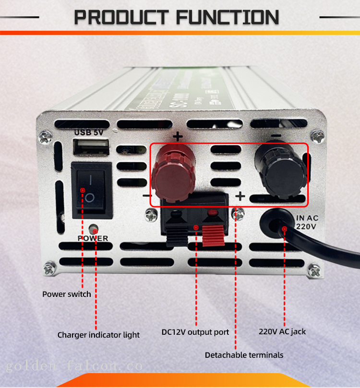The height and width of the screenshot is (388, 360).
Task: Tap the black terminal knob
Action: click(279, 169)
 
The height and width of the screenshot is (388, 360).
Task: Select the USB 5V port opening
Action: click(91, 146)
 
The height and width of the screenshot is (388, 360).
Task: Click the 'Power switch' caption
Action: click(67, 294)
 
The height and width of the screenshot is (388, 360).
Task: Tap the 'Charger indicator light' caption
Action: click(98, 335)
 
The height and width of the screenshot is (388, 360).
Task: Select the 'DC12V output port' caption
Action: click(195, 332)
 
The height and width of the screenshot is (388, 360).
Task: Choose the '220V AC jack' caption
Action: click(282, 331)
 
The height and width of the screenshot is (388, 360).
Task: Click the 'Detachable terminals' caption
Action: click(244, 355)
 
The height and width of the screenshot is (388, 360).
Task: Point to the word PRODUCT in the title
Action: click(122, 18)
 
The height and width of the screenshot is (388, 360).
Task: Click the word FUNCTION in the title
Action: click(228, 18)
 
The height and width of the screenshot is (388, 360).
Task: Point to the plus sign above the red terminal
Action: click(178, 137)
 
